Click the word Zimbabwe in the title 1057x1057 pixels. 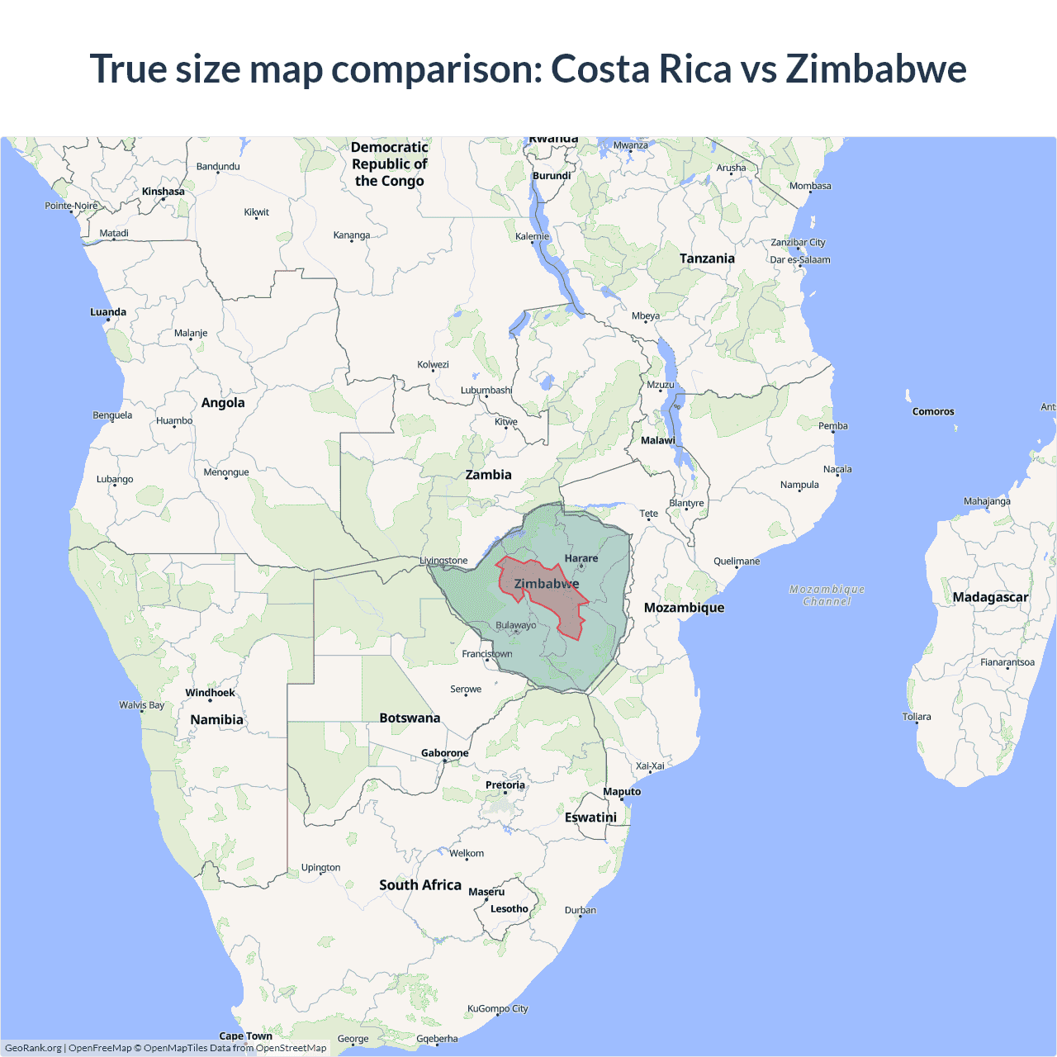click(x=875, y=69)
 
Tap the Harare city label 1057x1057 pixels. click(x=581, y=558)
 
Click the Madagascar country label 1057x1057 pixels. click(x=990, y=597)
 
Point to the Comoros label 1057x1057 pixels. click(x=933, y=411)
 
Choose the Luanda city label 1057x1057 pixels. click(x=108, y=312)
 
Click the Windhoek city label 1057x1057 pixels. click(x=210, y=693)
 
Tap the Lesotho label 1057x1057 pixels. click(x=510, y=908)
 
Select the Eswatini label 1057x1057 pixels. click(x=590, y=817)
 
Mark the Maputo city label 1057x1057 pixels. click(x=622, y=791)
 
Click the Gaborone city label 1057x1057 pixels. click(x=445, y=752)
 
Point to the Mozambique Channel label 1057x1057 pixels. click(x=827, y=595)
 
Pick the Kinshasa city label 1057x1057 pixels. click(x=164, y=192)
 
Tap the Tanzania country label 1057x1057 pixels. click(x=707, y=258)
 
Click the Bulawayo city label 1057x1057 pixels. click(x=516, y=625)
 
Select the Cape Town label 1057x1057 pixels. click(x=245, y=1036)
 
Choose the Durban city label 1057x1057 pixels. click(x=581, y=910)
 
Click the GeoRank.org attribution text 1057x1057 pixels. click(x=33, y=1048)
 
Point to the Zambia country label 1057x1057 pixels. click(x=488, y=475)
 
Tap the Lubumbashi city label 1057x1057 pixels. click(x=486, y=390)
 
